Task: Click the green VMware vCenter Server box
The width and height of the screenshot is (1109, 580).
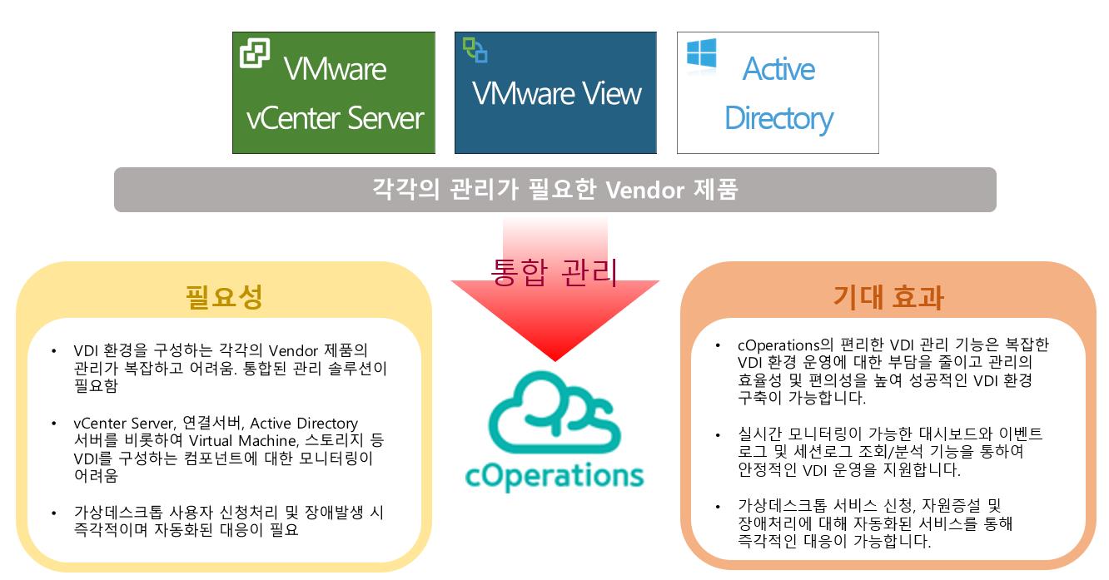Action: coord(334,92)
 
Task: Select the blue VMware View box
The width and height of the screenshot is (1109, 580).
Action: coord(555,92)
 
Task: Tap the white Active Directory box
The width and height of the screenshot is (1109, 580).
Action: coord(778,92)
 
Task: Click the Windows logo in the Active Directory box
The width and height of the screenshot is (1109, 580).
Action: coord(702,52)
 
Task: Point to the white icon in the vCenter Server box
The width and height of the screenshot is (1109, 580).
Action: coord(255,52)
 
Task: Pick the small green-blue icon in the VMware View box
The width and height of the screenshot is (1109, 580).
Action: coord(475,50)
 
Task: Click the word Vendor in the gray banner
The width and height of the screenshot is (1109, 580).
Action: coord(645,190)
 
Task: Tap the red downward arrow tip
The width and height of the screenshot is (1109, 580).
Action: coord(555,360)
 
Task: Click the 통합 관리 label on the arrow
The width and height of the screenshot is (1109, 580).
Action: coord(554,272)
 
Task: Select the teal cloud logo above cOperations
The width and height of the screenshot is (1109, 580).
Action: coord(554,412)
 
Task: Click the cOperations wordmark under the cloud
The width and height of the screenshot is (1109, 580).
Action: coord(554,476)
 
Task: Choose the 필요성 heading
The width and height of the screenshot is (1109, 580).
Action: coord(224,297)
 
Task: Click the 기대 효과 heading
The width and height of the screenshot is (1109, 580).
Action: coord(888,297)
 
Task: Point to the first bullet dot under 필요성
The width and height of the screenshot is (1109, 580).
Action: coord(53,351)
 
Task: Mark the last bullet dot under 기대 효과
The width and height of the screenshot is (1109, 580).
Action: coord(718,506)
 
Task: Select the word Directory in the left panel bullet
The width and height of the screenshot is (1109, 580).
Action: coord(327,423)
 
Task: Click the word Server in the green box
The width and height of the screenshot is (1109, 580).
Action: coord(385,118)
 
